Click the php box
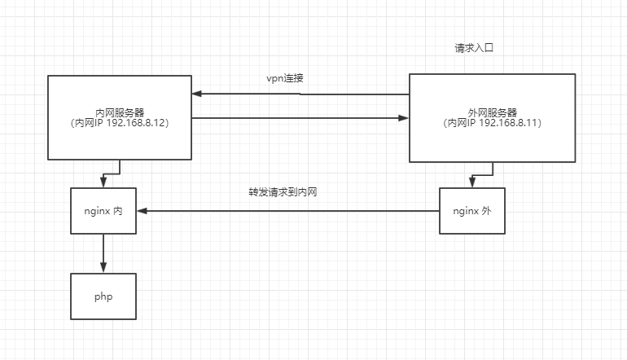tap(103, 296)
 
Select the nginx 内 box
tap(103, 210)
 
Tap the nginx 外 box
tap(471, 210)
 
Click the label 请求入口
tap(474, 49)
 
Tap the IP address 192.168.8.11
tap(512, 123)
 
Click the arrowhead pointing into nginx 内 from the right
tap(142, 211)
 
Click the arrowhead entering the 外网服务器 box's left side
tap(403, 119)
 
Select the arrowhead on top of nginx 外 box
tap(471, 184)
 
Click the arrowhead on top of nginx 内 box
tap(103, 183)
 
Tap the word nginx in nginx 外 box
tap(465, 210)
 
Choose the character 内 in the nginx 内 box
tap(118, 210)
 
